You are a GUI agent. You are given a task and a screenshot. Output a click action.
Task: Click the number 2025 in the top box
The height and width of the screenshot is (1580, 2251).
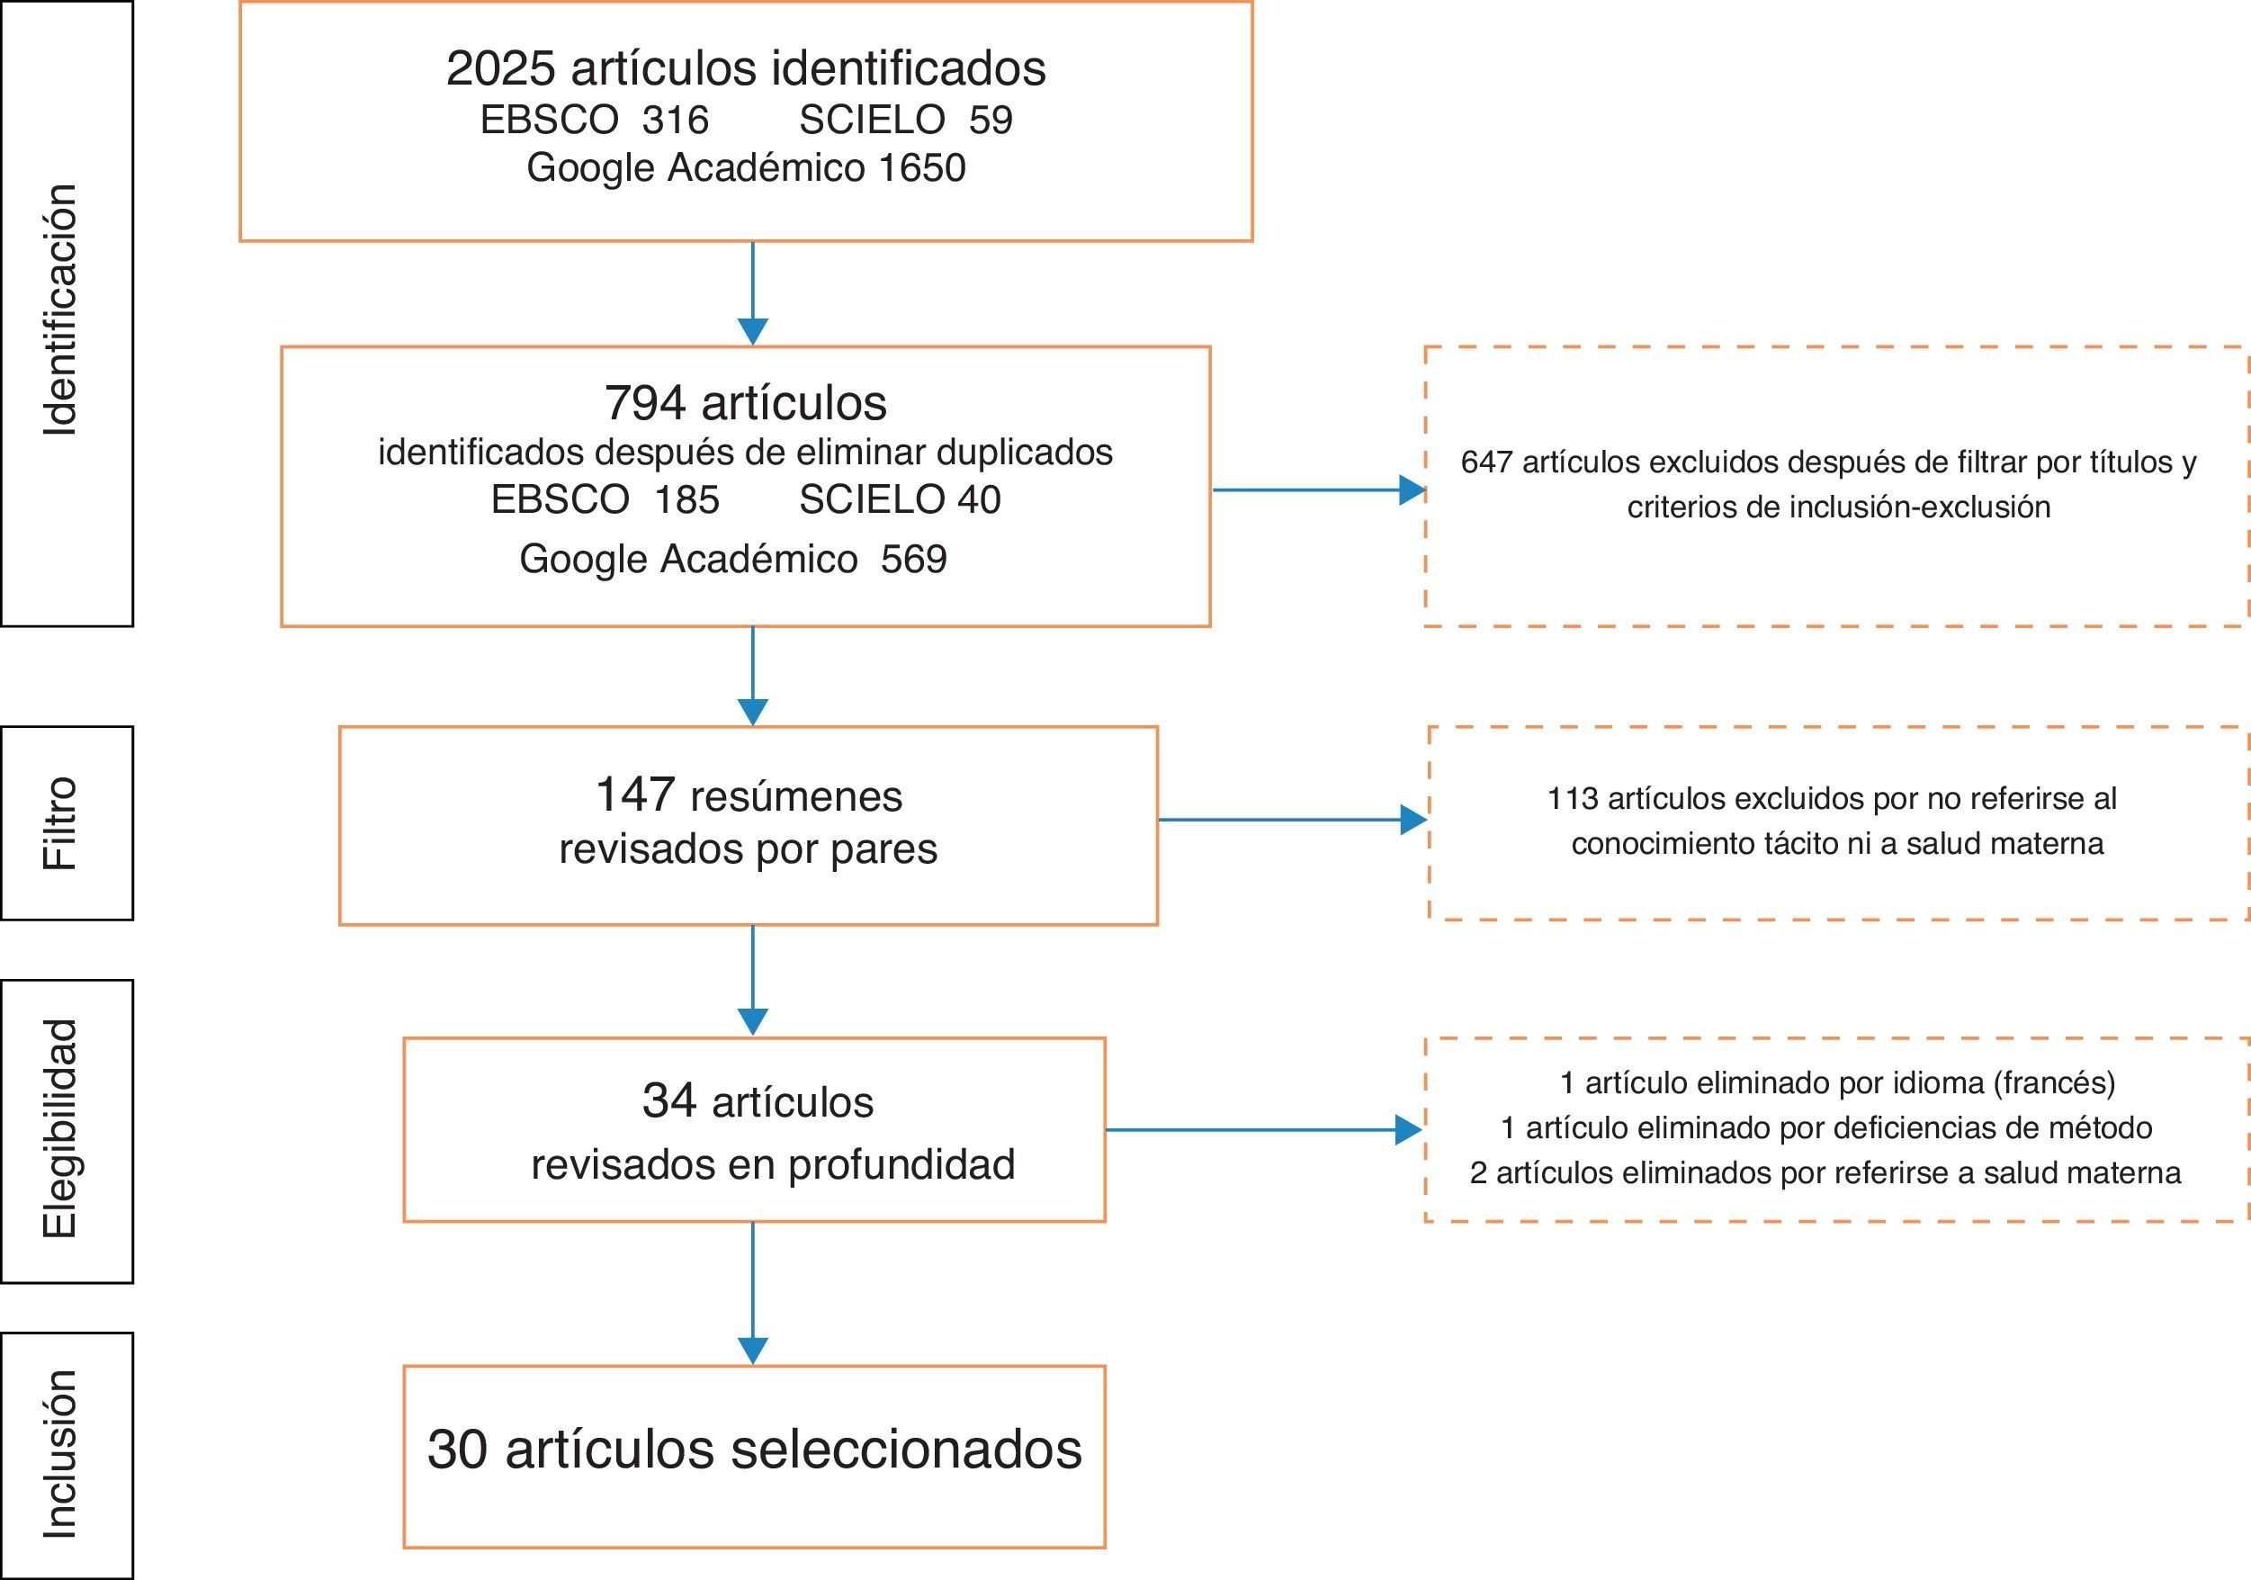tap(501, 68)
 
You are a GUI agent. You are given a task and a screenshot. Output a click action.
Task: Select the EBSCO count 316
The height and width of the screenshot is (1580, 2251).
tap(676, 121)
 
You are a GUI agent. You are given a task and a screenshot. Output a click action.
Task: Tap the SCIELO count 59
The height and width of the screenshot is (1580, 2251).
tap(991, 121)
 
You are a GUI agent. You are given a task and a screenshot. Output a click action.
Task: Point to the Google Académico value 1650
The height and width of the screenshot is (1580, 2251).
tap(921, 167)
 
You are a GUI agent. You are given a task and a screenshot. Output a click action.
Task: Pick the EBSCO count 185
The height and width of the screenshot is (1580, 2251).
tap(686, 500)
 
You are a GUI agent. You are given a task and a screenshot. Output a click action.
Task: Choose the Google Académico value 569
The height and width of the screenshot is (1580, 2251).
tap(914, 559)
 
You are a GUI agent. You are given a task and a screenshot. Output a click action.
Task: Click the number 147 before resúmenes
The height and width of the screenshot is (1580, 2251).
tap(635, 794)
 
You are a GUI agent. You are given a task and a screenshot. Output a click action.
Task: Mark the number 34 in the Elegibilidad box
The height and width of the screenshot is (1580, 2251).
tap(669, 1100)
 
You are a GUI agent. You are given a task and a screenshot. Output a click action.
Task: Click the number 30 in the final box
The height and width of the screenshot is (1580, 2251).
tap(457, 1449)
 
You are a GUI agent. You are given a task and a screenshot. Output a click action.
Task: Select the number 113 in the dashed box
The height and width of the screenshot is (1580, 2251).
tap(1573, 798)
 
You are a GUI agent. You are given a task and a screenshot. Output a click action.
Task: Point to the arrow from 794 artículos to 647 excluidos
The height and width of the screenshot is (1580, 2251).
tap(1318, 489)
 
